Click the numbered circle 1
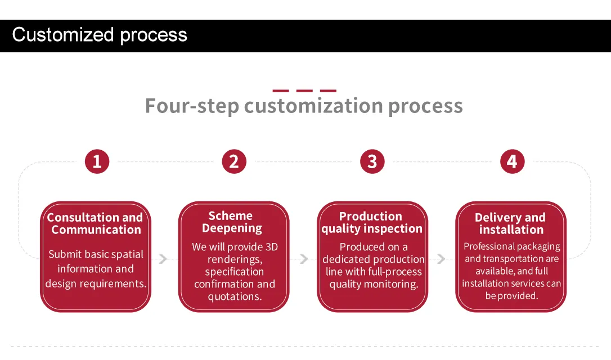(97, 161)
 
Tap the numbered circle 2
(234, 161)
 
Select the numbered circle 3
(372, 161)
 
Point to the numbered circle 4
(513, 161)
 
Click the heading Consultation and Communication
(96, 223)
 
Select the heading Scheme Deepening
(232, 222)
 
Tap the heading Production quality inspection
(372, 222)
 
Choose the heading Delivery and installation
(510, 223)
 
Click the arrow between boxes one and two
(163, 259)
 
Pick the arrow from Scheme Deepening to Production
(304, 259)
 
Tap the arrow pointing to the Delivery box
(442, 259)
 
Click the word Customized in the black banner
(63, 35)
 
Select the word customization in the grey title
(314, 105)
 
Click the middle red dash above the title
(304, 91)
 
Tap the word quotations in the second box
(235, 296)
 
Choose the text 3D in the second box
(272, 247)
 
